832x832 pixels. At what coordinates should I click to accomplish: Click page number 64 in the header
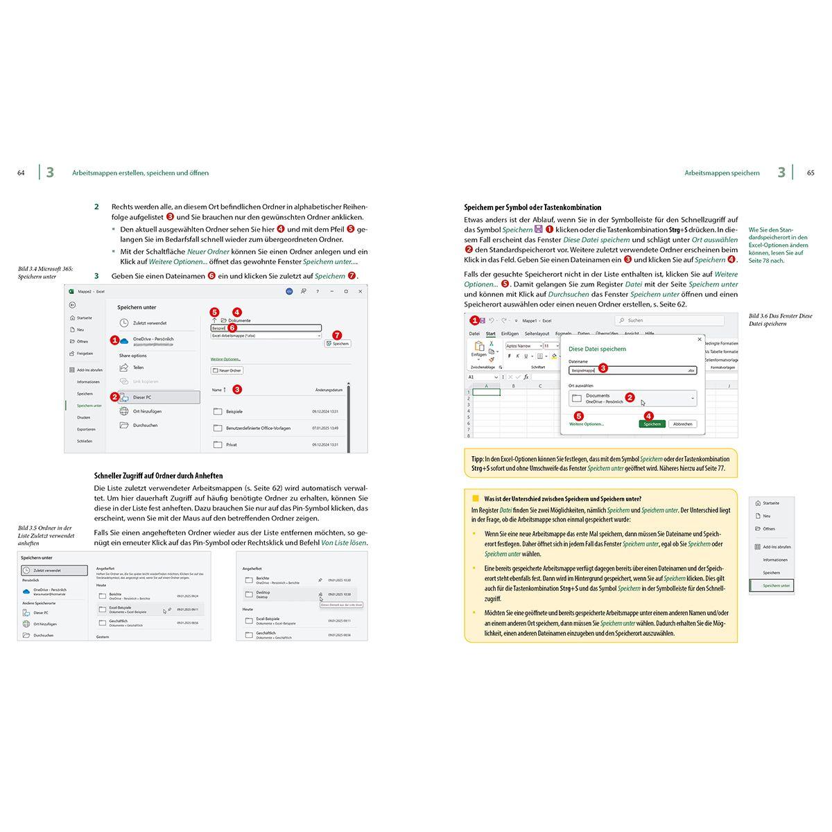21,173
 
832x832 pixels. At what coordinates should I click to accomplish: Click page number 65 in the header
811,173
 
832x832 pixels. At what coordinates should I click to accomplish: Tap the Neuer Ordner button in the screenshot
227,370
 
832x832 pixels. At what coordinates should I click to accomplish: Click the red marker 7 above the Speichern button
338,334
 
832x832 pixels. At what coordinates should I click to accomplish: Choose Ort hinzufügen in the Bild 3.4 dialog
147,411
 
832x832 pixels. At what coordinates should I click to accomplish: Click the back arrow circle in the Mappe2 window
73,305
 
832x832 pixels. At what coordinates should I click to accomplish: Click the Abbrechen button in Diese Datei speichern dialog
682,424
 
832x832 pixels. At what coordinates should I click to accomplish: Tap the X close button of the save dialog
699,340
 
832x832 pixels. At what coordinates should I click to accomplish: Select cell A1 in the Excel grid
486,392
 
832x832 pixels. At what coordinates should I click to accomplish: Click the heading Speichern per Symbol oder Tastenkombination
532,207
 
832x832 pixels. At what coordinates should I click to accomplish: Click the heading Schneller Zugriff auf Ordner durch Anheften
158,476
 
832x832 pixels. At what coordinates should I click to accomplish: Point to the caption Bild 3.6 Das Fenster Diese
780,316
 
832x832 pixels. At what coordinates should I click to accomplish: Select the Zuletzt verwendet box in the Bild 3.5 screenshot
55,570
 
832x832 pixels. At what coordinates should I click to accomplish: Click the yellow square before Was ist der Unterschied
476,499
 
